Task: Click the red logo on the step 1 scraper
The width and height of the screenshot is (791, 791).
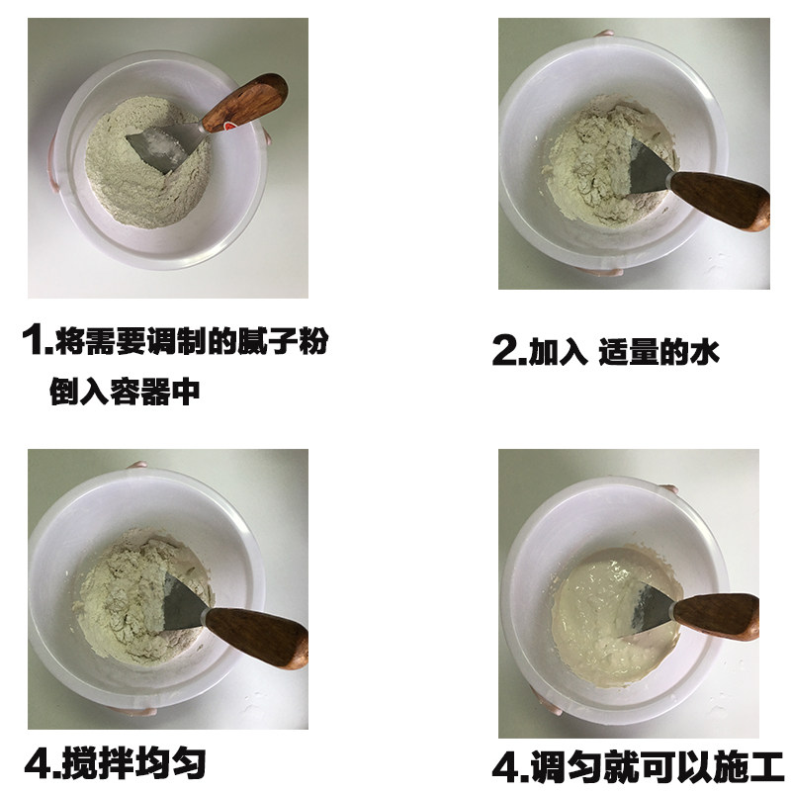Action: click(228, 126)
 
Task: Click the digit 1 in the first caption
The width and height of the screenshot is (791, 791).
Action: click(34, 342)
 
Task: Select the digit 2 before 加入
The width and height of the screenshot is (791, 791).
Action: click(503, 351)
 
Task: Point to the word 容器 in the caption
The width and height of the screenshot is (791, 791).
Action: click(140, 392)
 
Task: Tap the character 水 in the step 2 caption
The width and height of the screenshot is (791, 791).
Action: click(703, 351)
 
